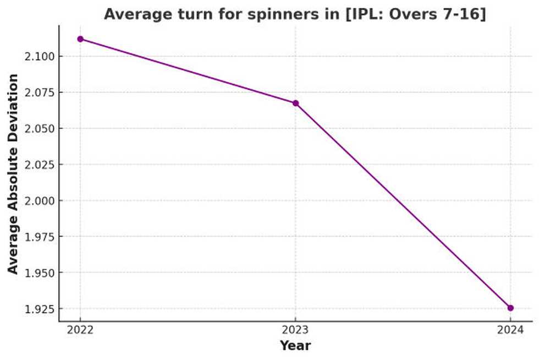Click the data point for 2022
pos(80,39)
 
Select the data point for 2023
pos(295,103)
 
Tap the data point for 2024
pos(510,308)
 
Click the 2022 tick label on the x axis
pos(80,330)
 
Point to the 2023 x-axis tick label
pos(295,330)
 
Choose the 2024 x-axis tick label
pos(510,330)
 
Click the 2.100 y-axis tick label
pos(39,57)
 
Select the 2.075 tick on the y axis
pos(39,92)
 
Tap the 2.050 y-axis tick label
pos(39,129)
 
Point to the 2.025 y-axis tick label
pos(39,165)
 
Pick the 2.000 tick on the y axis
pos(39,201)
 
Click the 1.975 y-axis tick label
pos(39,237)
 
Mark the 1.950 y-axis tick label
pos(39,273)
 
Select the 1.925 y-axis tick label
pos(39,309)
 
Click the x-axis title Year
pos(295,346)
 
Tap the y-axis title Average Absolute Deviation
pos(13,173)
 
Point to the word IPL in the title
pos(362,14)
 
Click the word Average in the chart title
pos(130,14)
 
